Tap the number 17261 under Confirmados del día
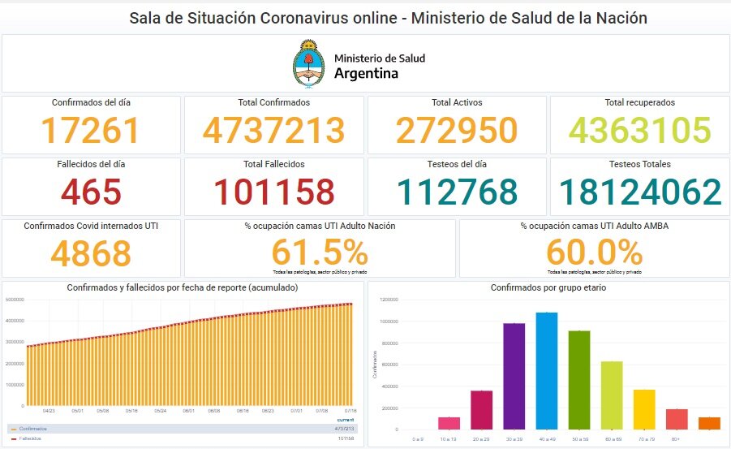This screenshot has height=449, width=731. point(91,131)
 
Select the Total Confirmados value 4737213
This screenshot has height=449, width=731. point(273,131)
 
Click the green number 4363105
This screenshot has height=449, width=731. point(639,131)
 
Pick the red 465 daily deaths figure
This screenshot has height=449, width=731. point(91,192)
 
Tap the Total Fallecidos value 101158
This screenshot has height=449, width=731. point(273,192)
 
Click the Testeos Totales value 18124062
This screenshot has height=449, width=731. point(639,192)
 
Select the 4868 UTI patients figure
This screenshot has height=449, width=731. point(91,253)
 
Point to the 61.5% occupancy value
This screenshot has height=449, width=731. point(319,252)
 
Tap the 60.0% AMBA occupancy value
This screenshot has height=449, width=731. point(594,252)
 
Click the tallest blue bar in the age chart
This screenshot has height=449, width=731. point(547,370)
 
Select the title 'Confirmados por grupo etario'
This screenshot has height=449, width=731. point(548,288)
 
